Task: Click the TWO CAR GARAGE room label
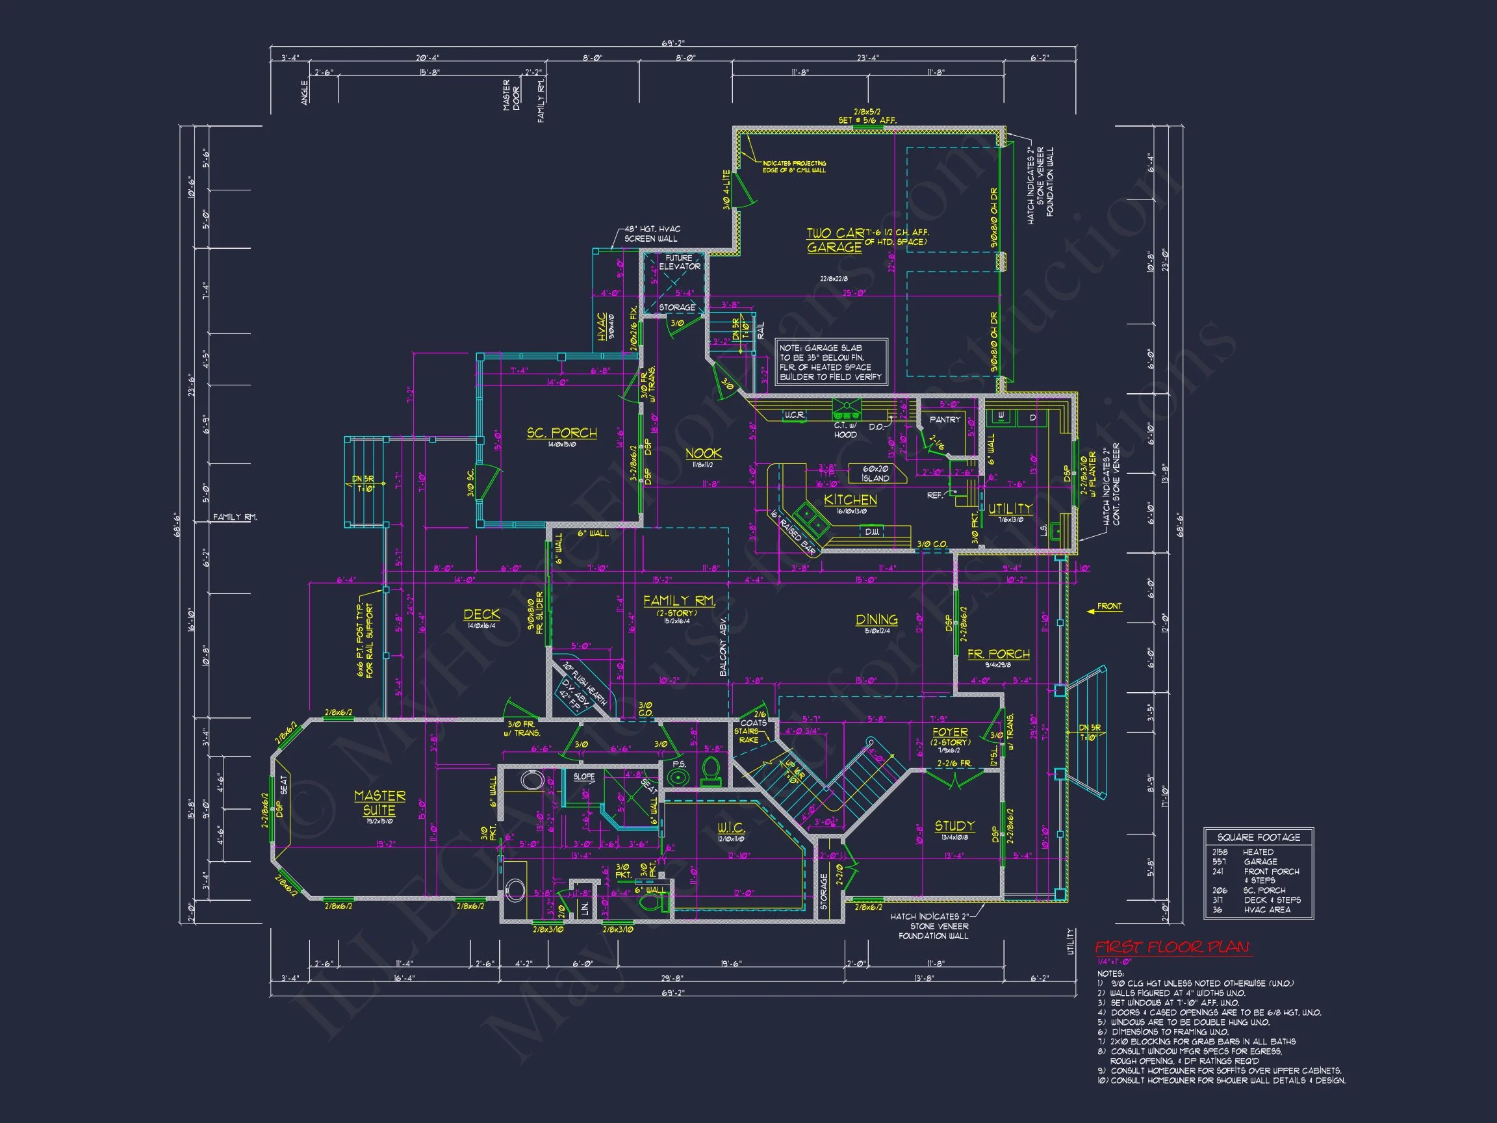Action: pos(834,240)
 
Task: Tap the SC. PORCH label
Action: pos(562,433)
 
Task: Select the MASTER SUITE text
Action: pos(379,803)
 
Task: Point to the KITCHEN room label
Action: pos(850,500)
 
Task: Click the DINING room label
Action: pos(876,619)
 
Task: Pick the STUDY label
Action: pos(954,826)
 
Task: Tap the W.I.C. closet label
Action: pos(731,829)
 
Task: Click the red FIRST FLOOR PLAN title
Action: pos(1172,947)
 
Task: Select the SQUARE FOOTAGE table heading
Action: pos(1258,837)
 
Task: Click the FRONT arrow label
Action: pos(1108,606)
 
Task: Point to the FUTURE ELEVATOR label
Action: pos(679,263)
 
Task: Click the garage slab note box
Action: pos(830,362)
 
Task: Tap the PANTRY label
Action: pos(945,420)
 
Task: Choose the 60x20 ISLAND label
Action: pos(875,473)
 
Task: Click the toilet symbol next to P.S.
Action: pos(711,771)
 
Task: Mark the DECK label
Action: pos(482,615)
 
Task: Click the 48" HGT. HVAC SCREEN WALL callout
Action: pos(652,234)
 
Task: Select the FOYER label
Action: pos(949,732)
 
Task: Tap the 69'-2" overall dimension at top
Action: pos(672,44)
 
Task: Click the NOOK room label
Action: pos(703,454)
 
